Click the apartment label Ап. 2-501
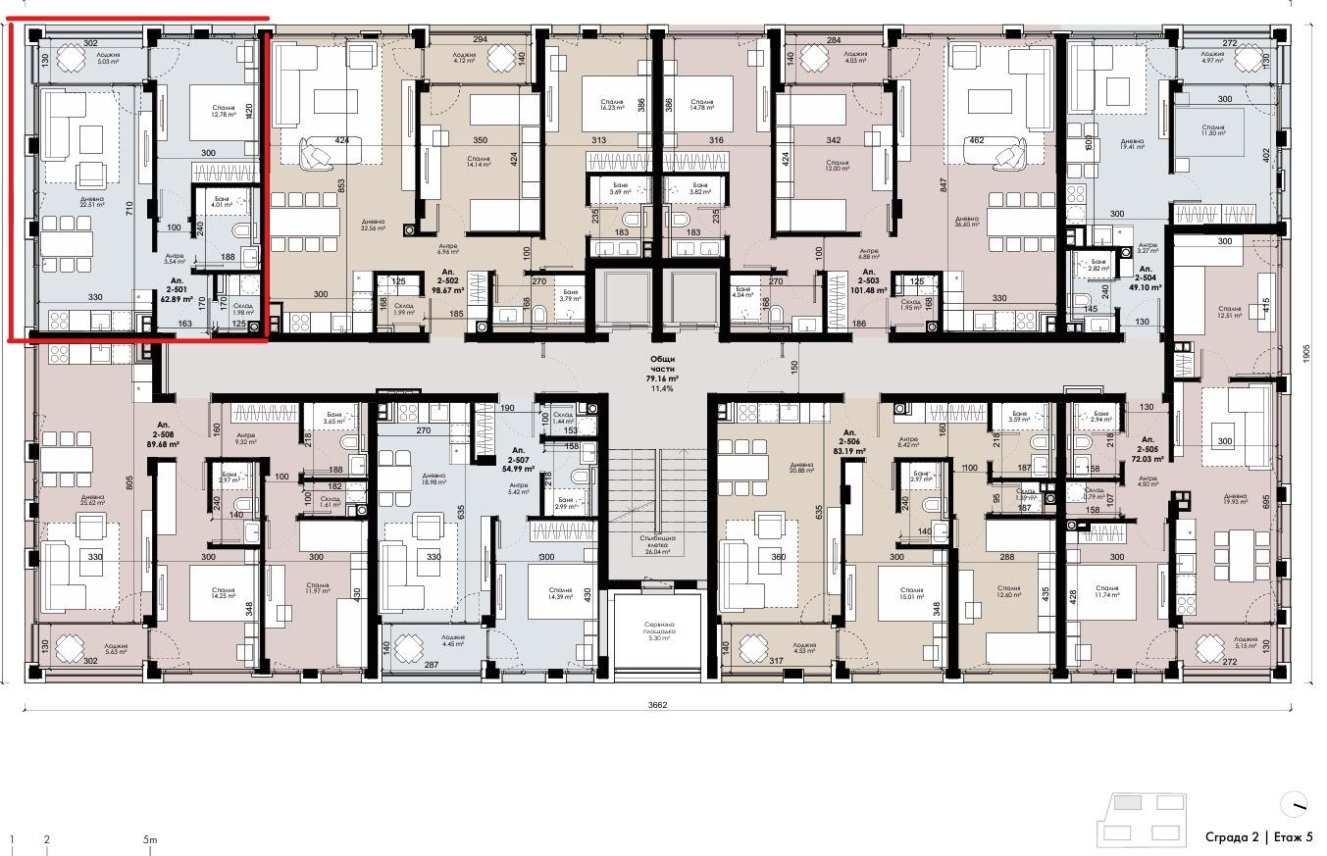click(176, 284)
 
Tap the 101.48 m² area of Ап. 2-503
click(868, 289)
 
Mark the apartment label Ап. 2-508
click(163, 437)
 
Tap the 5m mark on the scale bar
click(149, 840)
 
